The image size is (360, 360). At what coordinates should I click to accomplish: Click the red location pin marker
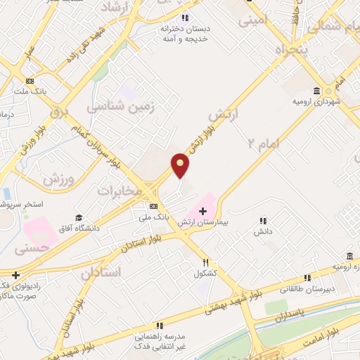[x=181, y=165]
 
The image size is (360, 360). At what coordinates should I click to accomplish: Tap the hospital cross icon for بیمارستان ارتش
[x=202, y=211]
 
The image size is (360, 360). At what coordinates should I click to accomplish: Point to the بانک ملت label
[x=30, y=91]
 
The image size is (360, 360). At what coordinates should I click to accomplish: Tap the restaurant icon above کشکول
[x=200, y=262]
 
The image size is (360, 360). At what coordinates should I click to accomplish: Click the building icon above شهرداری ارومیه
[x=316, y=91]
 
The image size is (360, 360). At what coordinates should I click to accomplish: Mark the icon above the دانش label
[x=263, y=220]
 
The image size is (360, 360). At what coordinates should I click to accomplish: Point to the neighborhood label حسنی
[x=37, y=248]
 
